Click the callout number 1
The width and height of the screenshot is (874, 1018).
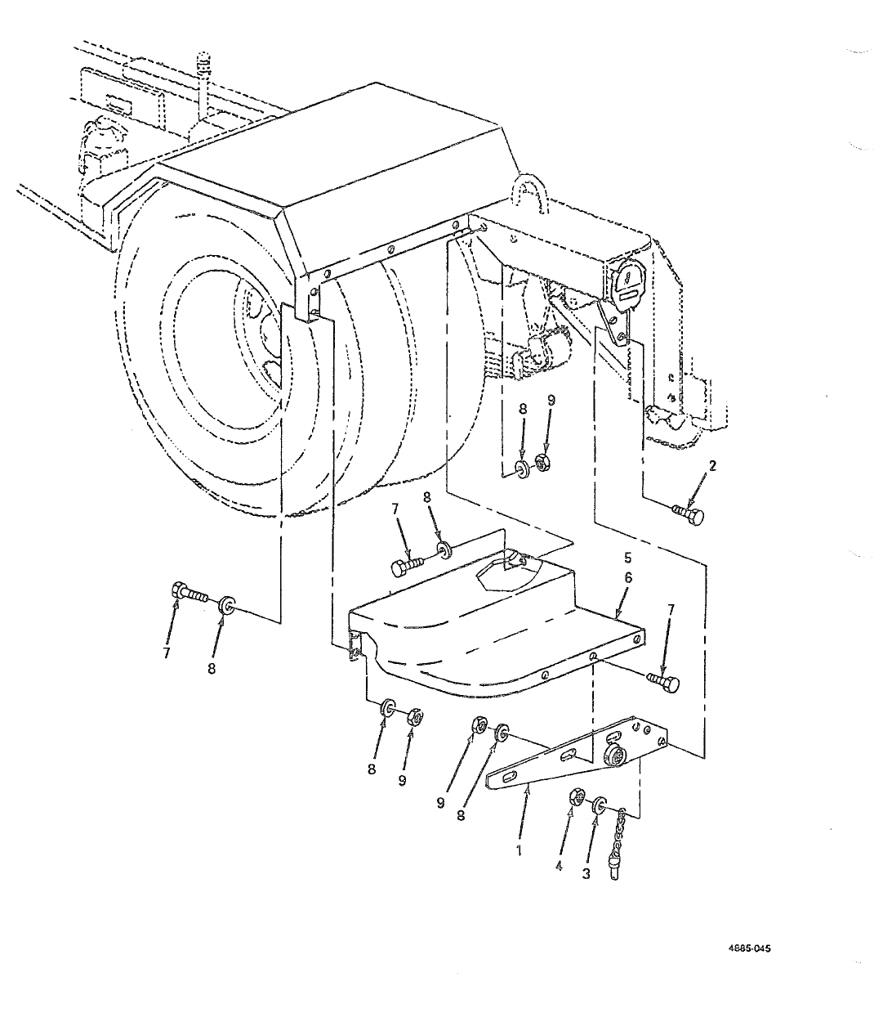click(517, 850)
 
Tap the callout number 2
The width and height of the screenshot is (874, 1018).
click(712, 467)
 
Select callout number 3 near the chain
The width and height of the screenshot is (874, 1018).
click(586, 873)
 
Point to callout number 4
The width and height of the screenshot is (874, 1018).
click(560, 867)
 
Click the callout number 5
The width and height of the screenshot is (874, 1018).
click(627, 558)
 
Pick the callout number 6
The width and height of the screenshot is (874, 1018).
click(627, 577)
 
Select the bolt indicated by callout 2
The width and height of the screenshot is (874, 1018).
click(688, 515)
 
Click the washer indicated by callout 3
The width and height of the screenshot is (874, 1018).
click(600, 804)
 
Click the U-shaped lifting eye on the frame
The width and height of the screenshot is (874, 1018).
click(524, 195)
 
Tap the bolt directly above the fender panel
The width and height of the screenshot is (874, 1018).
click(405, 566)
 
